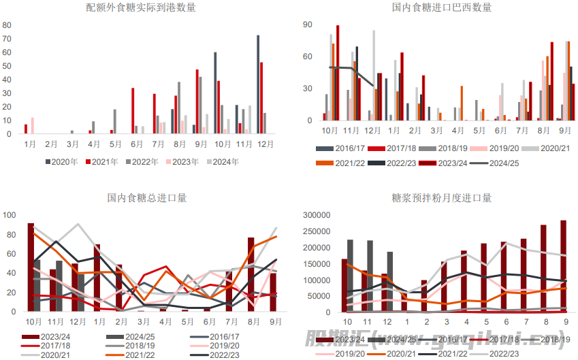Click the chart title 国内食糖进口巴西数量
442,7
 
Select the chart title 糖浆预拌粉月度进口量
442,198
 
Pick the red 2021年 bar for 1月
26,129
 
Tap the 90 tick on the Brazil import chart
308,24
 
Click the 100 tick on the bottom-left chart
10,215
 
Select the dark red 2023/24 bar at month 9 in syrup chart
564,266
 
